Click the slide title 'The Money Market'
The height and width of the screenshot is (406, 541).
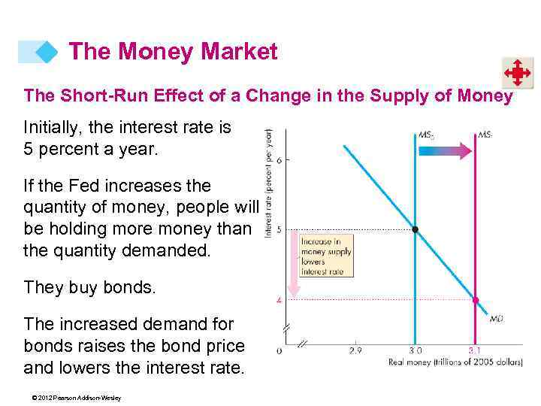tap(173, 52)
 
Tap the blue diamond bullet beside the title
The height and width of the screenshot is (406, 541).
tap(47, 52)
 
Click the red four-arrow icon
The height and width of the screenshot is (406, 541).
tap(518, 74)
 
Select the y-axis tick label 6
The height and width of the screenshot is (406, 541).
tap(279, 160)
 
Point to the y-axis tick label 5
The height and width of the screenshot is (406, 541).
tap(279, 229)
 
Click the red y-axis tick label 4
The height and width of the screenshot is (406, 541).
tap(279, 300)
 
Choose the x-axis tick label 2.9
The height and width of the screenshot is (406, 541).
tap(355, 350)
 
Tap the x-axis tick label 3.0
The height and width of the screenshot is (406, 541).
tap(415, 350)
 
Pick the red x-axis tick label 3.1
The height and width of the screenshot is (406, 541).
tap(475, 350)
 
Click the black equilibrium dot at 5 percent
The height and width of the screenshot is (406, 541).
tap(415, 229)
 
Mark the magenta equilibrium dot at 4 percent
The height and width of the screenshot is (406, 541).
tap(475, 300)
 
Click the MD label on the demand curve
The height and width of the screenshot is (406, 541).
tap(496, 320)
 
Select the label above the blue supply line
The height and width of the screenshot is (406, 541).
tap(425, 136)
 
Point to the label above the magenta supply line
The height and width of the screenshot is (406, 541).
tap(485, 136)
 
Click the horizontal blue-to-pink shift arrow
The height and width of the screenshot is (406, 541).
tap(444, 151)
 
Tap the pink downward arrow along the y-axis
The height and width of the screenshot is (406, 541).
tap(294, 263)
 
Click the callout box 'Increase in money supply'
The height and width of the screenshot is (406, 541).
tap(325, 256)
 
